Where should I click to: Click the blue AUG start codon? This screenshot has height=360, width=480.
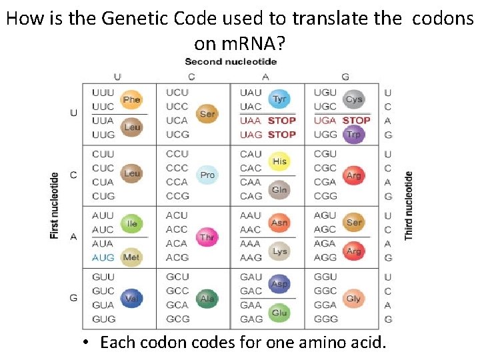coord(103,257)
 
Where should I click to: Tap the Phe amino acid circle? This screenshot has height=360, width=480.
coord(132,100)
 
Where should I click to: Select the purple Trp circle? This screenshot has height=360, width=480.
coord(354,134)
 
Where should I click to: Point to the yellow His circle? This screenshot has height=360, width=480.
coord(280,161)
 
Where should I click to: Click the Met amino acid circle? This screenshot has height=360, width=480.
coord(132,257)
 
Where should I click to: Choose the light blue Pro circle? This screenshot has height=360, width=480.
coord(207,175)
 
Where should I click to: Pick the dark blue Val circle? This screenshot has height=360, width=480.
coord(132,299)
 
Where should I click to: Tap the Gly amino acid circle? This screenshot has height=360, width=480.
coord(354,299)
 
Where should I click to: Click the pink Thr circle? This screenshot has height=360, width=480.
coord(207,237)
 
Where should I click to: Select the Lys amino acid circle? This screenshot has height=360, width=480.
coord(280,251)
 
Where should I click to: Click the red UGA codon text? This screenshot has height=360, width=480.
coord(325,121)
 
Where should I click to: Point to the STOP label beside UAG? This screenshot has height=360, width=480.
coord(281,135)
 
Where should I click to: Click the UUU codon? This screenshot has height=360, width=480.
coord(103,93)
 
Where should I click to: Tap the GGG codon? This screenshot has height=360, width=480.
coord(325,319)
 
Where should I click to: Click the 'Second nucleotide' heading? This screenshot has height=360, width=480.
coord(231,62)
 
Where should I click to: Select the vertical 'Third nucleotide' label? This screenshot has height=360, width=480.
coord(408,205)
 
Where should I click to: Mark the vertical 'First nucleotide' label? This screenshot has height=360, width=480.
coord(55,205)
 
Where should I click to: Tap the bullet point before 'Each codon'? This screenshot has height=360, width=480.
coord(87,343)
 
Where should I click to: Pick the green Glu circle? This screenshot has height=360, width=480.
coord(280,313)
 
